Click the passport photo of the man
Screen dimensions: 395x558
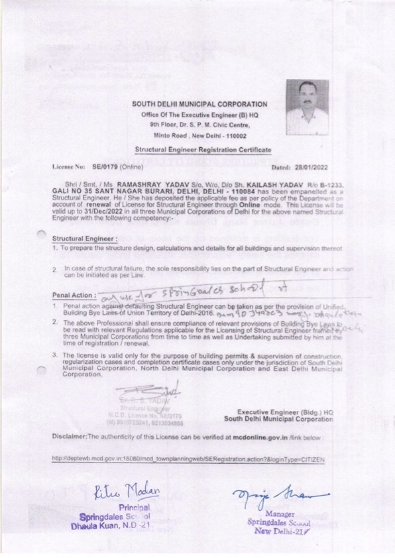(307, 107)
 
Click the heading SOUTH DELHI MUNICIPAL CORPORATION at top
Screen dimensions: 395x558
(199, 104)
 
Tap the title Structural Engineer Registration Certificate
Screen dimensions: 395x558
(199, 151)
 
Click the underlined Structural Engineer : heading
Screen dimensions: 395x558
(85, 237)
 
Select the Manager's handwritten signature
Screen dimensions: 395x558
(281, 495)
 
